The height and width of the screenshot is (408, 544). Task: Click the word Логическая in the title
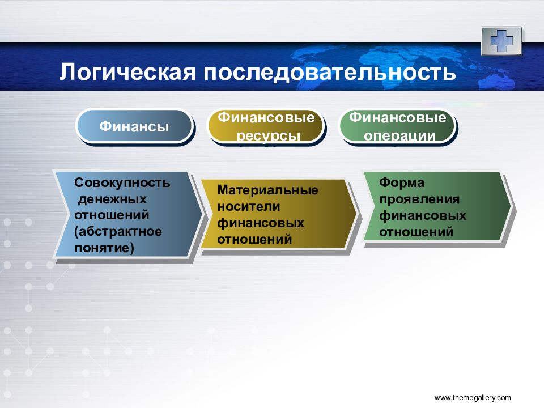(x=127, y=72)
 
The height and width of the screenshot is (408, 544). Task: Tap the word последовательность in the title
(x=329, y=72)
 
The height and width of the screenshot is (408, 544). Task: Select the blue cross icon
(x=501, y=41)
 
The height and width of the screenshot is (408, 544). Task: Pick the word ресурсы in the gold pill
(x=268, y=135)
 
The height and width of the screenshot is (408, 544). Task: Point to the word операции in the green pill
(x=399, y=135)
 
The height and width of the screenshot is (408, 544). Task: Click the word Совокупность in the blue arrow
(x=122, y=182)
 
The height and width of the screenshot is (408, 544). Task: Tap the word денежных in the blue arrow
(x=112, y=199)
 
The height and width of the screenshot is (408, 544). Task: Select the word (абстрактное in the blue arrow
(x=118, y=232)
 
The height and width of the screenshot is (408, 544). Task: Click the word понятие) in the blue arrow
(x=104, y=248)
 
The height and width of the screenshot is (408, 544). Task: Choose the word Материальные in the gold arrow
(x=267, y=190)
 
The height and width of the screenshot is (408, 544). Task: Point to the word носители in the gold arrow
(x=248, y=206)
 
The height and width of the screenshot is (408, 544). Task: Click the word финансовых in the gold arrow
(x=261, y=223)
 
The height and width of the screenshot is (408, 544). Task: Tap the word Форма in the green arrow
(x=401, y=182)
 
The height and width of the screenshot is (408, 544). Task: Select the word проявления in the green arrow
(x=419, y=199)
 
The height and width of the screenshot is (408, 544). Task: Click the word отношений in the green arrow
(x=416, y=232)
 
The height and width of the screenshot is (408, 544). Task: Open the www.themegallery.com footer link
(x=473, y=398)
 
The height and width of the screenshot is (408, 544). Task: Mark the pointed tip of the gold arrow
(x=356, y=212)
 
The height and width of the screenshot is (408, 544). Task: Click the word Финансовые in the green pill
(x=398, y=117)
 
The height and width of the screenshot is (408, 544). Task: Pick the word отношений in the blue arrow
(x=112, y=215)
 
